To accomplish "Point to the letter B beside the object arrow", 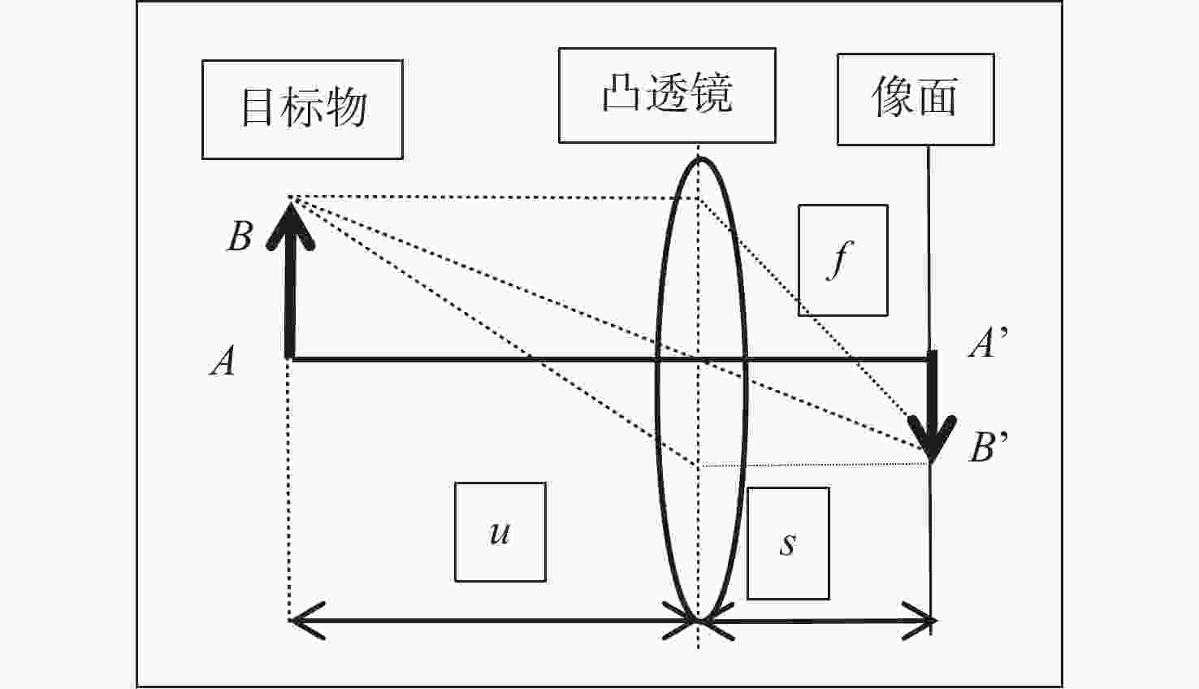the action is pyautogui.click(x=240, y=236).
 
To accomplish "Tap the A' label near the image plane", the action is pyautogui.click(x=988, y=342).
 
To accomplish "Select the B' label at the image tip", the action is pyautogui.click(x=988, y=447).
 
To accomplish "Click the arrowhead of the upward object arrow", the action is pyautogui.click(x=291, y=225).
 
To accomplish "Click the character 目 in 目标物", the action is pyautogui.click(x=256, y=107).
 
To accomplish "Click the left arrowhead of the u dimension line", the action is pyautogui.click(x=306, y=621).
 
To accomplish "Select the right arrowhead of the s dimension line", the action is pyautogui.click(x=920, y=621).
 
